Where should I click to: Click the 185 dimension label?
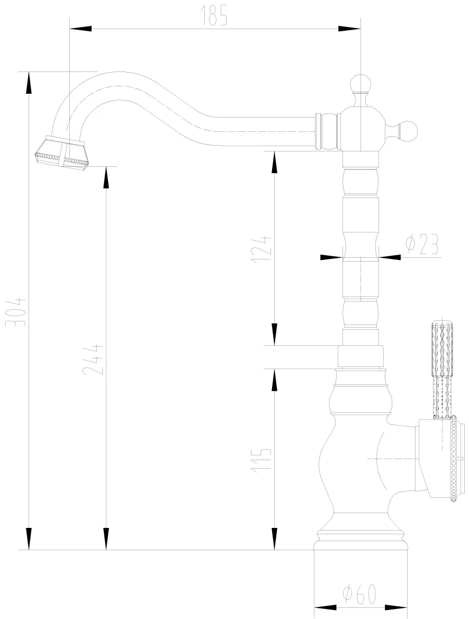coord(215,15)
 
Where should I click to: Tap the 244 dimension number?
coord(93,360)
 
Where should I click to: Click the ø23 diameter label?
coord(422,245)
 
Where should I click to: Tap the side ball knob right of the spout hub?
coord(408,131)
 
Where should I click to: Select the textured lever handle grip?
coord(443,370)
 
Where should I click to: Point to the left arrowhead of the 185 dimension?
coord(80,29)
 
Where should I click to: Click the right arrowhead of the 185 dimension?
coord(350,29)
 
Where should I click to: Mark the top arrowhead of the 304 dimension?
coord(29,83)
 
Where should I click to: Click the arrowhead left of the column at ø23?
coord(331,257)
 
